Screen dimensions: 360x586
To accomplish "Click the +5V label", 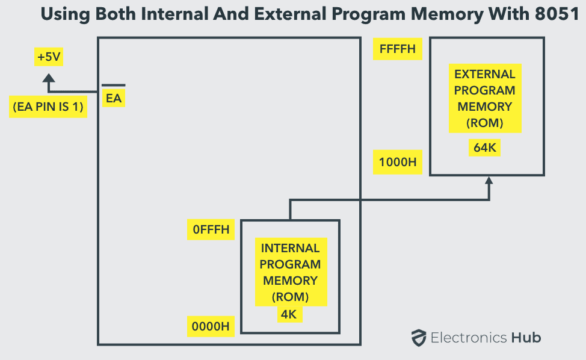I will (x=49, y=57).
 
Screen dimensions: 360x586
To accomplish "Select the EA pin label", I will (x=113, y=98).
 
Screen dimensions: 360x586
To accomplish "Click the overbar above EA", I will (x=113, y=85).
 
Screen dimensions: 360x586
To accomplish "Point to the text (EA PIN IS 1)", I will (x=48, y=108).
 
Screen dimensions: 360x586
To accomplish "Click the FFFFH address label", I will (x=397, y=49).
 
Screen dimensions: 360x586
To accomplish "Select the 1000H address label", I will (x=397, y=163).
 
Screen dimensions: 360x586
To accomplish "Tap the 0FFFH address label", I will (x=211, y=230).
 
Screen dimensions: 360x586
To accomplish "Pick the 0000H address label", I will (x=211, y=327).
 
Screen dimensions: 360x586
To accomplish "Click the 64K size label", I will (x=484, y=147).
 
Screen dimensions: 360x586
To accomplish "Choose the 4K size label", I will (x=290, y=314).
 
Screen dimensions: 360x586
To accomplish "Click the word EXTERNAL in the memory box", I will (x=484, y=74).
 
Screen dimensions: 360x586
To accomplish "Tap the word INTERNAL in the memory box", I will (x=290, y=248).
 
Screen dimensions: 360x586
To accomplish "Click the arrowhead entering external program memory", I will (x=489, y=180).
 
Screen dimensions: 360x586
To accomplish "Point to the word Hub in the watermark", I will (x=526, y=338).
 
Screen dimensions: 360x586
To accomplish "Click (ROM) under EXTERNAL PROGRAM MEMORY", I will (x=484, y=123).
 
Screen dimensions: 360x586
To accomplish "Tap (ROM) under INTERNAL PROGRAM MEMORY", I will (x=290, y=297).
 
